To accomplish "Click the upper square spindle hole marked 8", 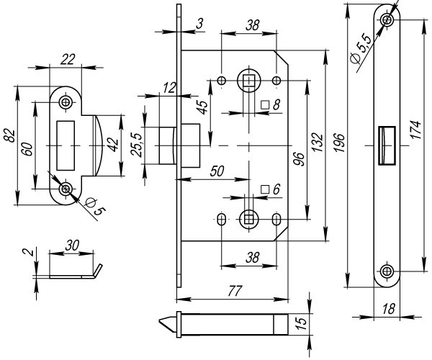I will pyautogui.click(x=248, y=81).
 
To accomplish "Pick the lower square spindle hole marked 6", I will pyautogui.click(x=248, y=217).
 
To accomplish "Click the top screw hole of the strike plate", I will pyautogui.click(x=66, y=103).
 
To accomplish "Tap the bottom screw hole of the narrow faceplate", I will pyautogui.click(x=388, y=271).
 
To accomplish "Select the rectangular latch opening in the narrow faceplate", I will pyautogui.click(x=387, y=139).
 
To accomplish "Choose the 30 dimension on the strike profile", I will pyautogui.click(x=71, y=246).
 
